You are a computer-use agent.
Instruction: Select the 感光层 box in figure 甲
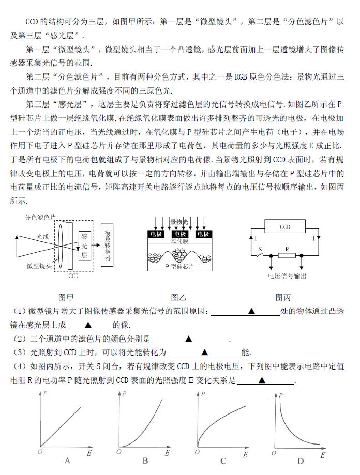point(84,246)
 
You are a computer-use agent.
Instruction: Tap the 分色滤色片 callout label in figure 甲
point(41,218)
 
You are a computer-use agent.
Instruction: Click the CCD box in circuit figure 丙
point(285,227)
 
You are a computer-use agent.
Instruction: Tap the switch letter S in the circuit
point(260,249)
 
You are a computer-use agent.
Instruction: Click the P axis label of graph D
point(281,395)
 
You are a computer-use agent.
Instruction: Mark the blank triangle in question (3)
point(204,353)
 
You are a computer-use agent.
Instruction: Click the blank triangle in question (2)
point(189,339)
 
